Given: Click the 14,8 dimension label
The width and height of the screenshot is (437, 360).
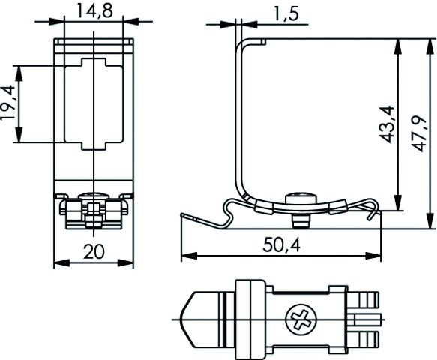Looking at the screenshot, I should [x=94, y=10].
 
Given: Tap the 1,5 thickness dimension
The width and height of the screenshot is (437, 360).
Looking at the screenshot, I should [x=276, y=13].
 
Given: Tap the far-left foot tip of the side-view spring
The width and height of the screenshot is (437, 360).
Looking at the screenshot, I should [x=184, y=215].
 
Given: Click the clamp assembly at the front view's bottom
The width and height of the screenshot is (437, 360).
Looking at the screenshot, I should [x=94, y=210].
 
